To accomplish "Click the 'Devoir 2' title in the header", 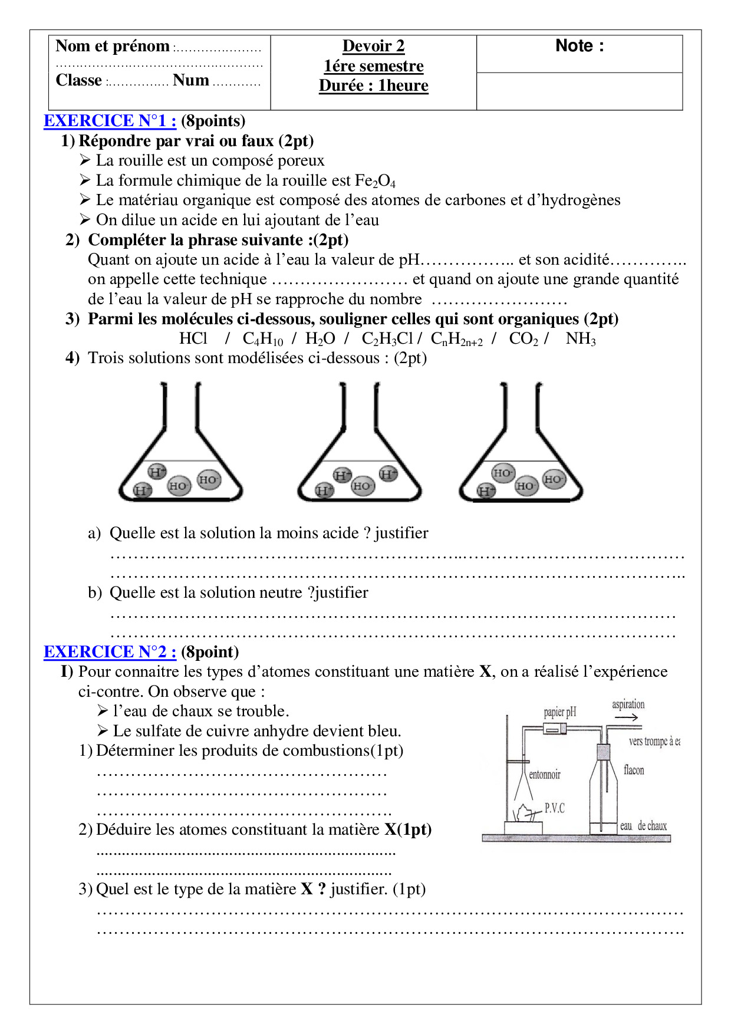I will (373, 46).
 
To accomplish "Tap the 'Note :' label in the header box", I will (579, 46).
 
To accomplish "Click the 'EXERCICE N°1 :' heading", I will (110, 121).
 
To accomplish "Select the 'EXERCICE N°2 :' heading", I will (110, 652).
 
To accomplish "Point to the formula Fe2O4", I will (375, 181).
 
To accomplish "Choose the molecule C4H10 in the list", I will (262, 339).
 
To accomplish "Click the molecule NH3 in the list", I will (580, 339).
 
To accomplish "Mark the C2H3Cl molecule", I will (387, 339).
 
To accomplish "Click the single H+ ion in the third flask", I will (486, 490).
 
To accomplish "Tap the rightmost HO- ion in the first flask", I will (208, 480).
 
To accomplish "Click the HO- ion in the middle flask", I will (362, 486).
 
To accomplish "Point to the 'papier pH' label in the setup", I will (559, 712).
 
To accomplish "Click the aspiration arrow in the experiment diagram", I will (626, 717).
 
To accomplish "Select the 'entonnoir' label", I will (544, 775).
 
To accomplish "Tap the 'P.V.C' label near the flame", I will (554, 808).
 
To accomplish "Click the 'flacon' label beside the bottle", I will (634, 770).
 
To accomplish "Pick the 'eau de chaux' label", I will (643, 826).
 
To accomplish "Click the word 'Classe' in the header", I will (78, 80).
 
